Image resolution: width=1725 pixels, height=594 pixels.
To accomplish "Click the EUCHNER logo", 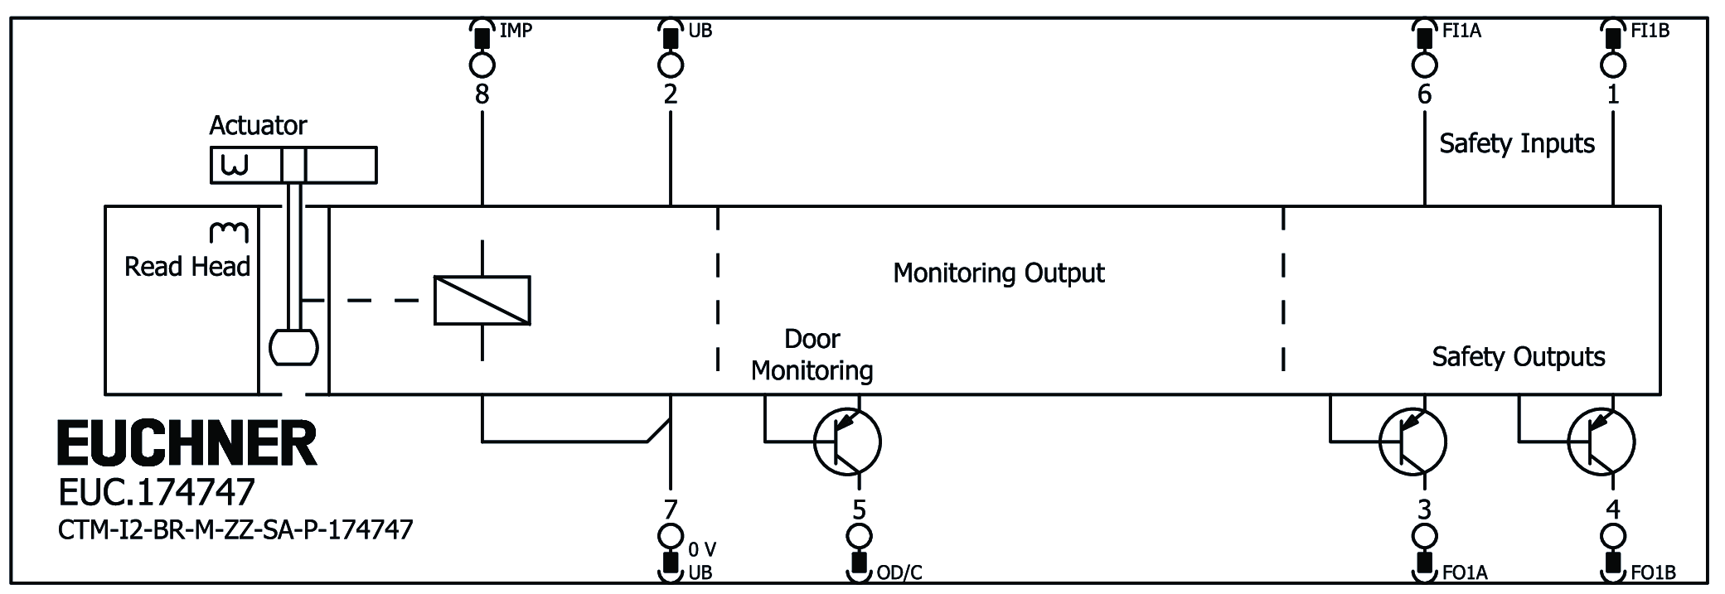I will click(x=187, y=443).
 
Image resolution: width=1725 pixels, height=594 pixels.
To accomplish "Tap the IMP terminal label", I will click(x=516, y=31).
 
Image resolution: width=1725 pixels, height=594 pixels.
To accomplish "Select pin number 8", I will click(x=482, y=94).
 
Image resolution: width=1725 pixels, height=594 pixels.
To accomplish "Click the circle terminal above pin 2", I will click(x=670, y=65).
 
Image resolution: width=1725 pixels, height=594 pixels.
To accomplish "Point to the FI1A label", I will click(x=1461, y=31).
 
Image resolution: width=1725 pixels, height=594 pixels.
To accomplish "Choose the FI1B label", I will click(x=1650, y=31).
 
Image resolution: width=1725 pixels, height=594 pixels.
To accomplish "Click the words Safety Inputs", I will click(x=1516, y=143).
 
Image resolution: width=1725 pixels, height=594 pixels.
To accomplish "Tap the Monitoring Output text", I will click(x=998, y=273).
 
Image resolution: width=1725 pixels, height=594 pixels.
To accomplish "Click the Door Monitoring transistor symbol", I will click(x=846, y=442).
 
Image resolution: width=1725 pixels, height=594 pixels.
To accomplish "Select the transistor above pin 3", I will click(x=1412, y=442).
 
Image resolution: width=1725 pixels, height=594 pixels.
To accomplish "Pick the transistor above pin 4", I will click(x=1601, y=442).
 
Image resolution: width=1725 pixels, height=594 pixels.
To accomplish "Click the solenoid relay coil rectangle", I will click(x=482, y=299).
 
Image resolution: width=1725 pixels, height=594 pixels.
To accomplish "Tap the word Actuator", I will click(x=258, y=125).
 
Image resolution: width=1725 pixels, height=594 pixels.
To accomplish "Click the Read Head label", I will click(x=187, y=266).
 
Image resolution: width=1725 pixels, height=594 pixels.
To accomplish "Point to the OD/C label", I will click(x=899, y=572).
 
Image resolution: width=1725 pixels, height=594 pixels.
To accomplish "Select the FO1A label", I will click(x=1465, y=572).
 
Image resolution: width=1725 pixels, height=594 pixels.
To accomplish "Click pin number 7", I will click(x=670, y=508).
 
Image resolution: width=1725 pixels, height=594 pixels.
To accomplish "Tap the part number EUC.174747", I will click(x=156, y=493).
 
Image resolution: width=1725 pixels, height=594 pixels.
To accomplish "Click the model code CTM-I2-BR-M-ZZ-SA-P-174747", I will click(x=235, y=529).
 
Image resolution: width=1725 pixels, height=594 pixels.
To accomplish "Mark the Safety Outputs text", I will click(x=1518, y=356).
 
